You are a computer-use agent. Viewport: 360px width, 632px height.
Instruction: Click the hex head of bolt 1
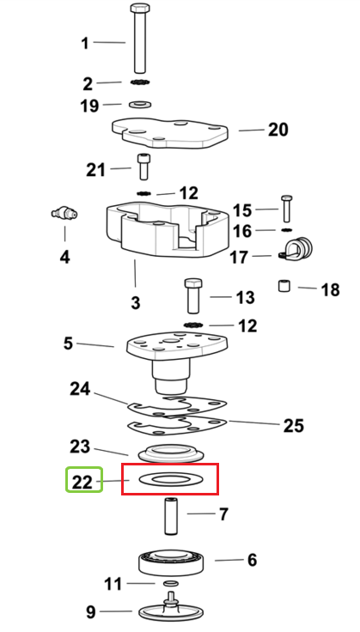140,8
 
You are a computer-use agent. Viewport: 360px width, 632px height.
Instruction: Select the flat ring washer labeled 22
171,479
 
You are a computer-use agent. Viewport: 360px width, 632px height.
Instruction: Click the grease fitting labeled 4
64,213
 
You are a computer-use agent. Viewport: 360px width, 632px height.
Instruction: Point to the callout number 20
278,130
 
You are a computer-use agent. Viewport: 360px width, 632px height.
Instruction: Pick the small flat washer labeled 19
140,105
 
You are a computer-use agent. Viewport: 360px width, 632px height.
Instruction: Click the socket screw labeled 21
143,167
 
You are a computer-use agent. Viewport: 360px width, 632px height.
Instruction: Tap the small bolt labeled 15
287,209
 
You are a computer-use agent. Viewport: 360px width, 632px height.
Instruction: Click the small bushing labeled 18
284,286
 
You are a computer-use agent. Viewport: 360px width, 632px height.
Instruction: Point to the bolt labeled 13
193,295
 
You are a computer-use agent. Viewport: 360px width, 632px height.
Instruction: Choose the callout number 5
68,343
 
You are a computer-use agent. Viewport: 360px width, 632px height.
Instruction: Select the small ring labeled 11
170,583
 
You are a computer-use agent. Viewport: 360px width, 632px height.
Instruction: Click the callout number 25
293,426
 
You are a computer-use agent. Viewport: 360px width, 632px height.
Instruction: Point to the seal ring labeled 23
171,453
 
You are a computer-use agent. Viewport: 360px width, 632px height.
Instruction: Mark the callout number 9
91,612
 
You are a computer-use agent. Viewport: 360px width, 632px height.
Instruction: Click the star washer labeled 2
140,82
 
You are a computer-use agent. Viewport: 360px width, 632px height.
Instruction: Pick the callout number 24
80,389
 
